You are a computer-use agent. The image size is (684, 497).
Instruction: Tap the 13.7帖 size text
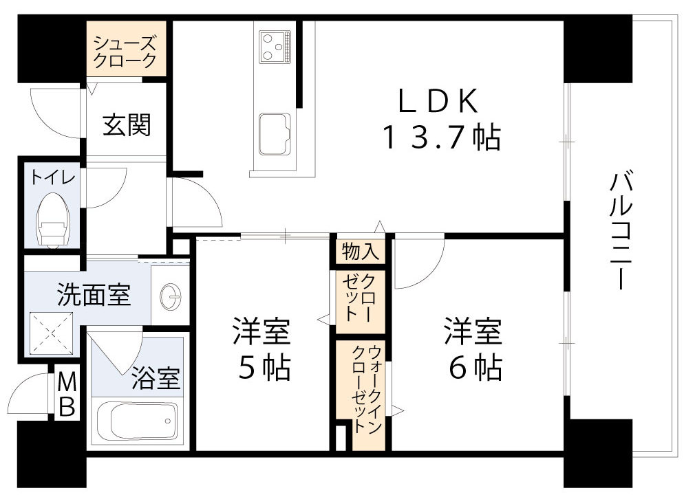click(440, 140)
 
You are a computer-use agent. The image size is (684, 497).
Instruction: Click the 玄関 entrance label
click(127, 126)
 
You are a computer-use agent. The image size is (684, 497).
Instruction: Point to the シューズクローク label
click(125, 52)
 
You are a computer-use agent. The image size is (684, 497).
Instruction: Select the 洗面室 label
click(93, 296)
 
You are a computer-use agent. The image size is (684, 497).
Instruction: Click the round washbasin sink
click(169, 297)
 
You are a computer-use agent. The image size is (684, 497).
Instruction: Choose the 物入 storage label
click(359, 252)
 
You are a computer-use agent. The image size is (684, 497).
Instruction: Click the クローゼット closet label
click(359, 298)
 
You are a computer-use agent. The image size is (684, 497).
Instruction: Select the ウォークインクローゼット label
click(367, 390)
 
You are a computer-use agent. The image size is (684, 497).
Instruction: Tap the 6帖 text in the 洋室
click(474, 369)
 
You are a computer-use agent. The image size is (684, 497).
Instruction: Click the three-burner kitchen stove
click(274, 45)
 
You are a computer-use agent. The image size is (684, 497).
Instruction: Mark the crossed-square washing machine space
click(52, 333)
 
